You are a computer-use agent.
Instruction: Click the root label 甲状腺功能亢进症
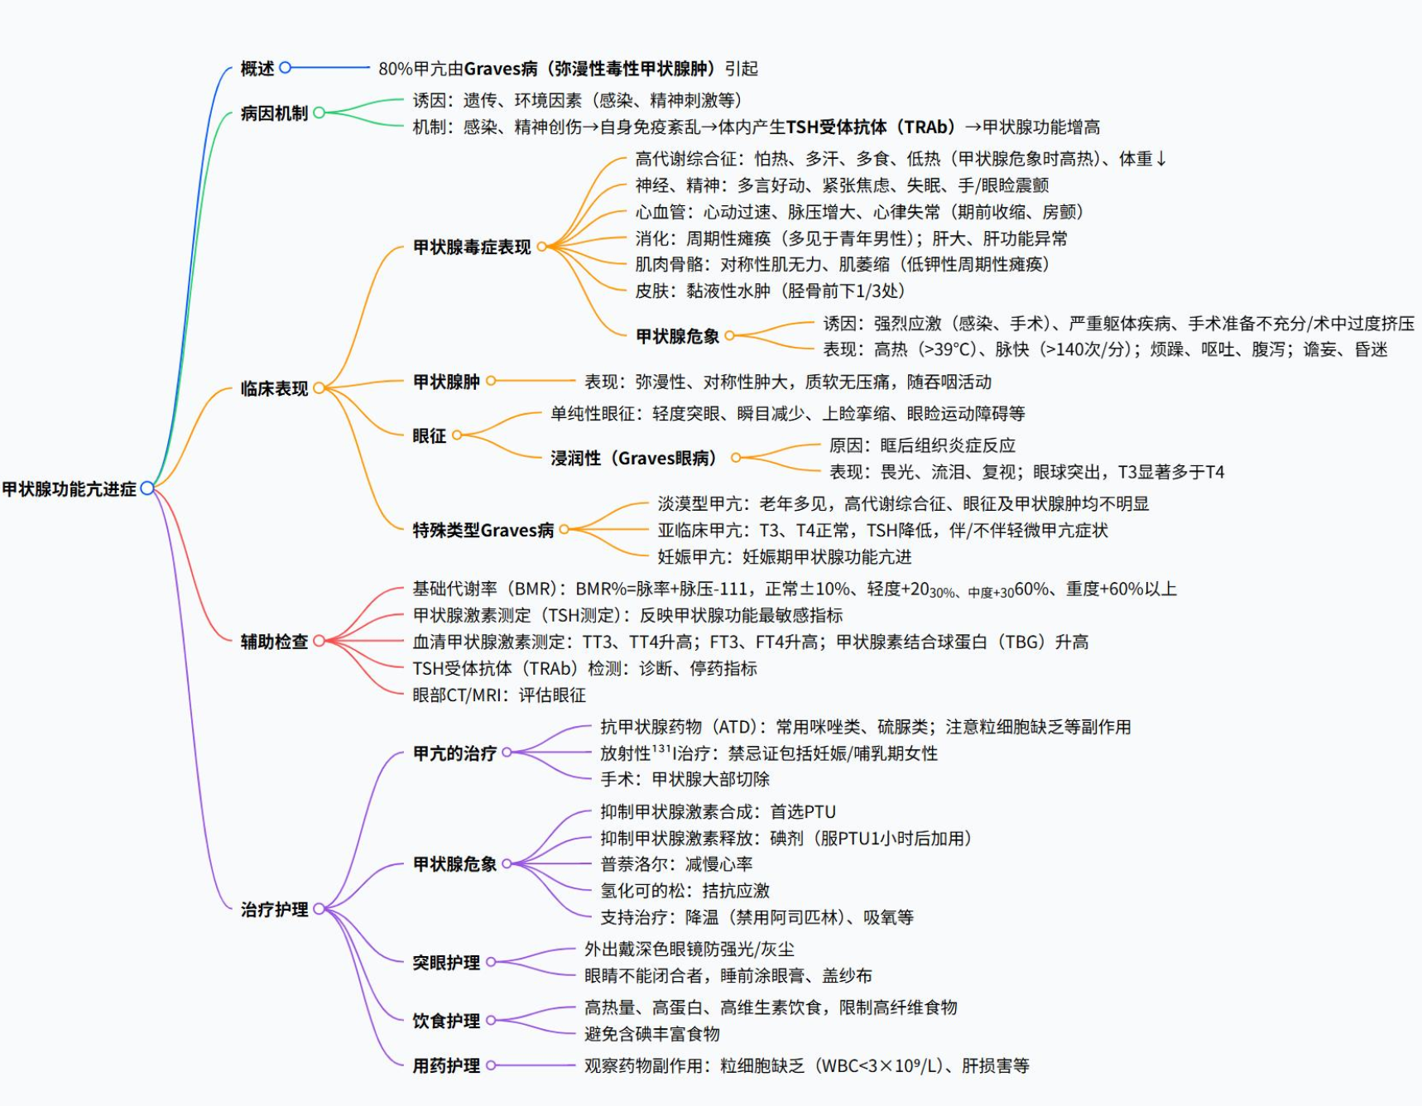70,489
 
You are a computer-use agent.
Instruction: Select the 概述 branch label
257,69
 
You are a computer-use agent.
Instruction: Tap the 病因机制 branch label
274,113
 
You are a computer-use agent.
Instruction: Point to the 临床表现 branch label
274,388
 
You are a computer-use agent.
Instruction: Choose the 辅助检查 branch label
274,642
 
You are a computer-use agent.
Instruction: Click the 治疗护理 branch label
274,910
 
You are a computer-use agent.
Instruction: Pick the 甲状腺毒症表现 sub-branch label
472,248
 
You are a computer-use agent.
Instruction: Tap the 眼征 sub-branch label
429,435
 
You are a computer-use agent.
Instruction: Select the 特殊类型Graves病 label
483,530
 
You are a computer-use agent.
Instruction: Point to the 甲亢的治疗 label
454,753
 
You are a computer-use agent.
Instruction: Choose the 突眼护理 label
446,963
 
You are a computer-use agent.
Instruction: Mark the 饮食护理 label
446,1021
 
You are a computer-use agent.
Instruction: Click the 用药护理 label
446,1066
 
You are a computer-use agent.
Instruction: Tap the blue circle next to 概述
286,68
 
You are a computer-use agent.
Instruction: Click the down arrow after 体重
1161,159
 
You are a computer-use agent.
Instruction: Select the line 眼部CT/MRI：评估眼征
499,695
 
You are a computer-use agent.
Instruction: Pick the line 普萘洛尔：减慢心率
676,864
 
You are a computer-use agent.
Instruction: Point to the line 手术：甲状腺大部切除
685,779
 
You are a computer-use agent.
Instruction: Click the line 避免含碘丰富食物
651,1034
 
